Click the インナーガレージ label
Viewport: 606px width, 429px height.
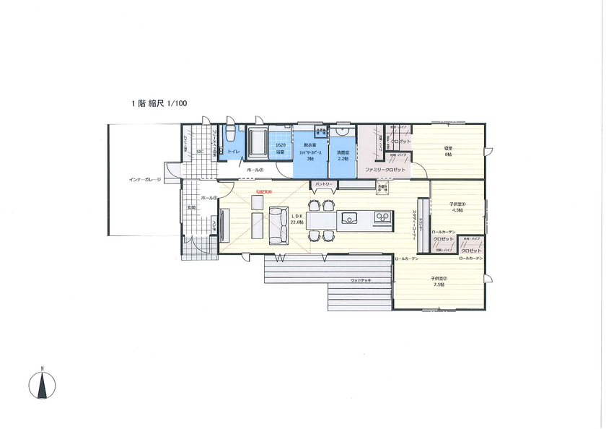(x=145, y=179)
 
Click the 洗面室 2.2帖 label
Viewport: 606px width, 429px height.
(x=343, y=155)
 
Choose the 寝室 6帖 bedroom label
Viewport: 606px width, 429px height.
(x=448, y=152)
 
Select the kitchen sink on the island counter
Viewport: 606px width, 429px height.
(x=350, y=217)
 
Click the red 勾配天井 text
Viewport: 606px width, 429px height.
(x=263, y=191)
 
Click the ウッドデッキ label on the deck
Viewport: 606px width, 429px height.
(x=361, y=279)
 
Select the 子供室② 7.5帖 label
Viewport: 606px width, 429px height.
(x=439, y=282)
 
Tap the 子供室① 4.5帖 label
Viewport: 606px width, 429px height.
(x=457, y=207)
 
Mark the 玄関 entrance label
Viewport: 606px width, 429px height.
(x=191, y=207)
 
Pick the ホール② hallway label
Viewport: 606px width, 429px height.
(x=255, y=170)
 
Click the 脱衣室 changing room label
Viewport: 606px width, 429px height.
(x=310, y=149)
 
